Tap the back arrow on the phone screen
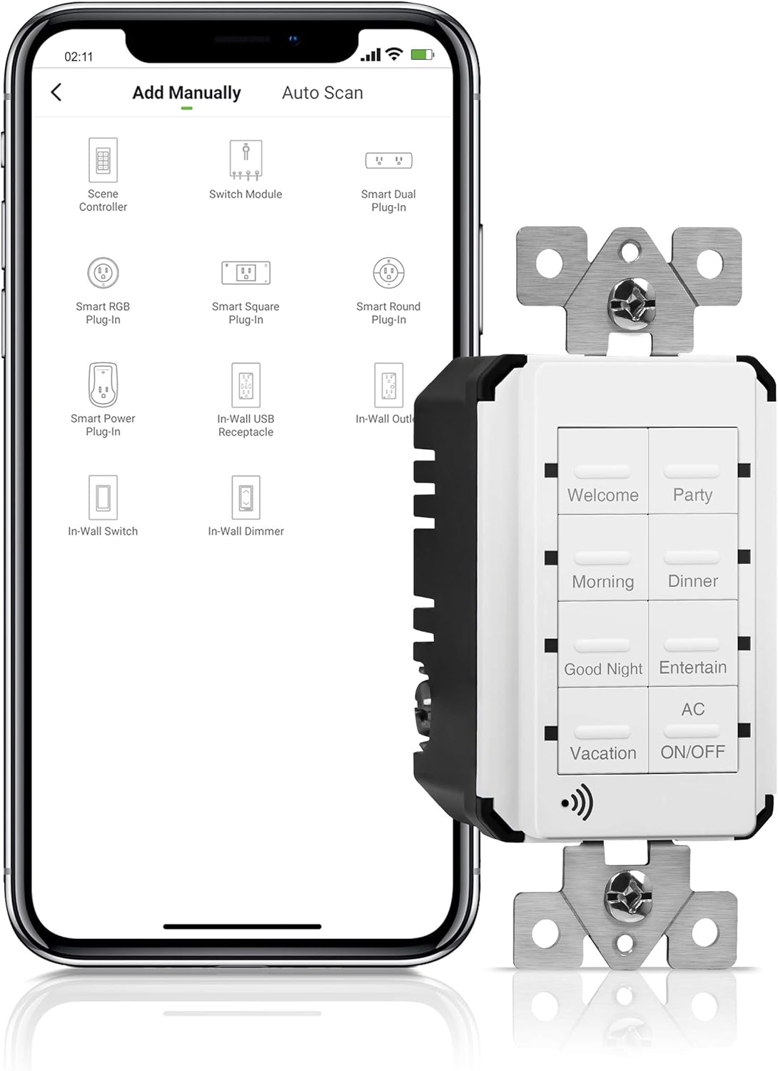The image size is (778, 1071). (x=56, y=92)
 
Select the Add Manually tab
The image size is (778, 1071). (x=186, y=93)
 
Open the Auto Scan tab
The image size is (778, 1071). (x=322, y=93)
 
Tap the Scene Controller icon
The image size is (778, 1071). (x=103, y=160)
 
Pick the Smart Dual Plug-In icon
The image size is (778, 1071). (x=388, y=161)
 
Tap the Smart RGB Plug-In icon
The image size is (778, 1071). (x=103, y=273)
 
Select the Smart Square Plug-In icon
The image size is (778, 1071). (x=246, y=273)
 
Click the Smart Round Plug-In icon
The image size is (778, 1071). (x=388, y=273)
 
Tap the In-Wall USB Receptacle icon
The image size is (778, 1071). (x=246, y=386)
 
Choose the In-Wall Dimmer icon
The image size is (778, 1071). (x=246, y=498)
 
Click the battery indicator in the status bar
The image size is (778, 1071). (x=422, y=54)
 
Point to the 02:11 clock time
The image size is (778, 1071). (x=79, y=56)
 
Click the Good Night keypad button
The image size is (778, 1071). (x=603, y=645)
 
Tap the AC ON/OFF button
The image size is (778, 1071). (x=692, y=730)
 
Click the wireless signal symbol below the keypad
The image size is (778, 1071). (x=577, y=803)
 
